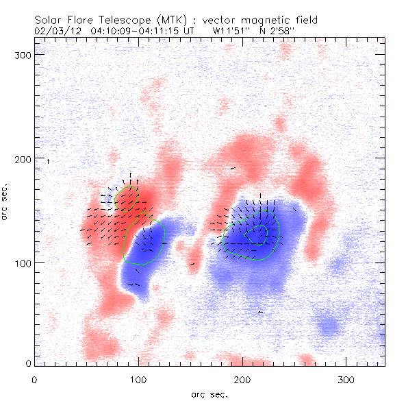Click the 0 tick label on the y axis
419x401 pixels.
(27, 363)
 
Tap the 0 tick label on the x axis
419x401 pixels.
(34, 378)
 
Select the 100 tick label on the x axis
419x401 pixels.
(139, 378)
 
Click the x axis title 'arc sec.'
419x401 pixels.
(209, 393)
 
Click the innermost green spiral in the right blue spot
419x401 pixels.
(258, 234)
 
